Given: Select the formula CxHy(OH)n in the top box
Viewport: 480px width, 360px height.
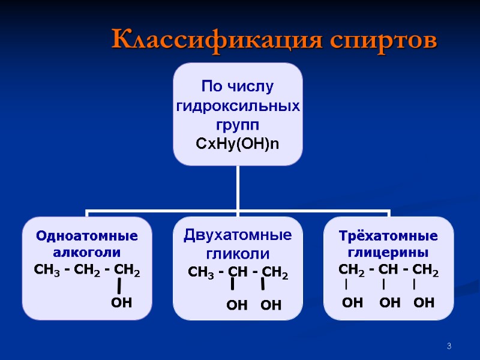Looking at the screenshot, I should pos(238,144).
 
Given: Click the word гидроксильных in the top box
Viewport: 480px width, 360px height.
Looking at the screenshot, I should pos(238,106).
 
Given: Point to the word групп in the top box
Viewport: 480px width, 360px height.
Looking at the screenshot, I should pos(238,125).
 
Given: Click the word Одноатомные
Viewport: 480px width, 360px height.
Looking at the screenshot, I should pos(87,236).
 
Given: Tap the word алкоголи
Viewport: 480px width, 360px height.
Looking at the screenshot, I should pos(87,252).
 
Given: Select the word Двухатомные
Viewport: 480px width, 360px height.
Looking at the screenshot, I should pos(238,235).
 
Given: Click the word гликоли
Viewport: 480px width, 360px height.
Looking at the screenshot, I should pos(238,253).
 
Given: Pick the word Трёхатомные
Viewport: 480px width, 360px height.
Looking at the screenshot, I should pos(388,236).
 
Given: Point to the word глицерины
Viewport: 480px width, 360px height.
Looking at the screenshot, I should pos(388,252).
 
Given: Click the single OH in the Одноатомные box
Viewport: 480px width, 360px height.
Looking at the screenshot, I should pos(121,303).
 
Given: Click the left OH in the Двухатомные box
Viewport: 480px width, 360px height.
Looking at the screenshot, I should pos(236,306).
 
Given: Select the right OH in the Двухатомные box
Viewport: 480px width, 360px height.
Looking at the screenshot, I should pos(271,306).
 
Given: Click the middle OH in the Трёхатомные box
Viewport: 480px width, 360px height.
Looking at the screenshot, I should pos(390,303).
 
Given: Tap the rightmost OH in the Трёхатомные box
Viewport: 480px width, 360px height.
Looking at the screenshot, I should pos(424,303).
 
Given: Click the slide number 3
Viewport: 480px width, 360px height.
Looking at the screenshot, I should pos(448,346).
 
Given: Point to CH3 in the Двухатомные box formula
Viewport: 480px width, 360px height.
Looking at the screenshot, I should pos(200,274).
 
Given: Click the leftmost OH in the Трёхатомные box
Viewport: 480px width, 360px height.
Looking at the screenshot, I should pos(352,303).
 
